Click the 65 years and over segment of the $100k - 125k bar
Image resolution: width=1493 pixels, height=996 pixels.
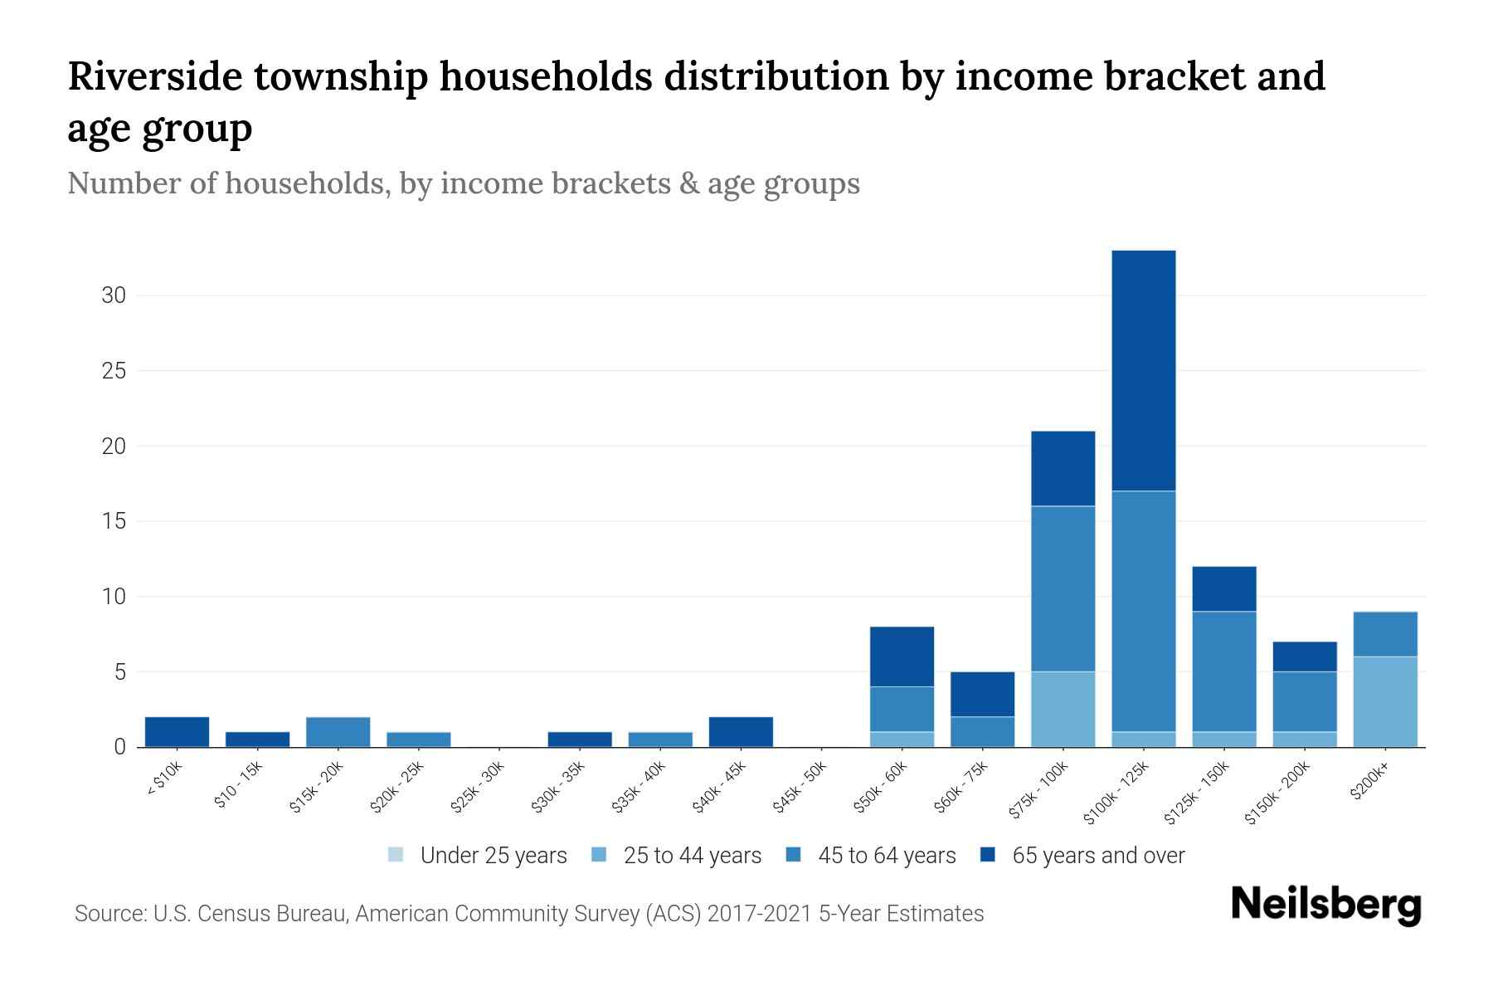click(x=1143, y=370)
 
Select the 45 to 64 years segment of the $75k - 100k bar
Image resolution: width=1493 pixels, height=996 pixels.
click(x=1063, y=588)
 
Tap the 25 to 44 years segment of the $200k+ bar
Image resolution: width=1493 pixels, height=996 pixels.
click(x=1384, y=701)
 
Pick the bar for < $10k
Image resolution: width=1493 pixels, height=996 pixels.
click(x=177, y=732)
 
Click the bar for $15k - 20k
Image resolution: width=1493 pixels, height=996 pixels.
click(x=338, y=732)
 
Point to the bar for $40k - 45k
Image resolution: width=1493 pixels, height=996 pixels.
click(x=741, y=732)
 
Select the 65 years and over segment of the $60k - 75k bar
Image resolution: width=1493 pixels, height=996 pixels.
click(x=982, y=694)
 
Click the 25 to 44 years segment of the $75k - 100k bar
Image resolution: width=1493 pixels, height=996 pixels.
click(x=1063, y=709)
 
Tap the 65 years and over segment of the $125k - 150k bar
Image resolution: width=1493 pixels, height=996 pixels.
click(x=1223, y=588)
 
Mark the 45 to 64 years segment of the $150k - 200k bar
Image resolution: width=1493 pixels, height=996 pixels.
click(x=1304, y=701)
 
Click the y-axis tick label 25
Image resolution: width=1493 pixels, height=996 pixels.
click(x=114, y=371)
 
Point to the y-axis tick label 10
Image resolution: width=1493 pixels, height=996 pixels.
click(x=114, y=597)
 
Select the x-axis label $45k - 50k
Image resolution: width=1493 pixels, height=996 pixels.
click(x=800, y=785)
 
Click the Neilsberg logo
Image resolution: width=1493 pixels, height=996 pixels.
click(x=1325, y=905)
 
